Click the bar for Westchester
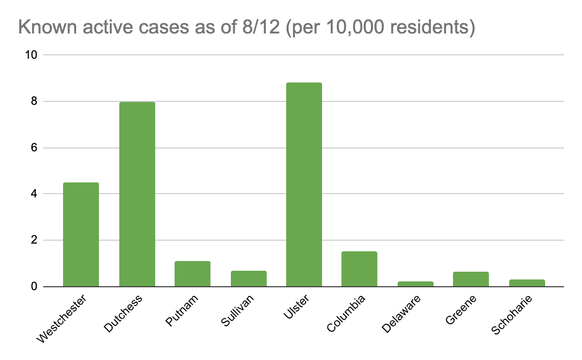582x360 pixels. (x=81, y=234)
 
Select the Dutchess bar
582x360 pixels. (x=137, y=194)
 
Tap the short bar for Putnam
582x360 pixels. (x=193, y=274)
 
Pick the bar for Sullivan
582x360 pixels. (x=248, y=278)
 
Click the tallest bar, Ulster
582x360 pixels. (x=304, y=184)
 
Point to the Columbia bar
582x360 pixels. (x=359, y=269)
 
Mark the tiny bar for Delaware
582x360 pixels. (x=415, y=284)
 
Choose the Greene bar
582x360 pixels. (x=471, y=279)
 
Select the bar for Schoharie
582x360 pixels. (x=527, y=283)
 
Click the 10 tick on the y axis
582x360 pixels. (x=31, y=55)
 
